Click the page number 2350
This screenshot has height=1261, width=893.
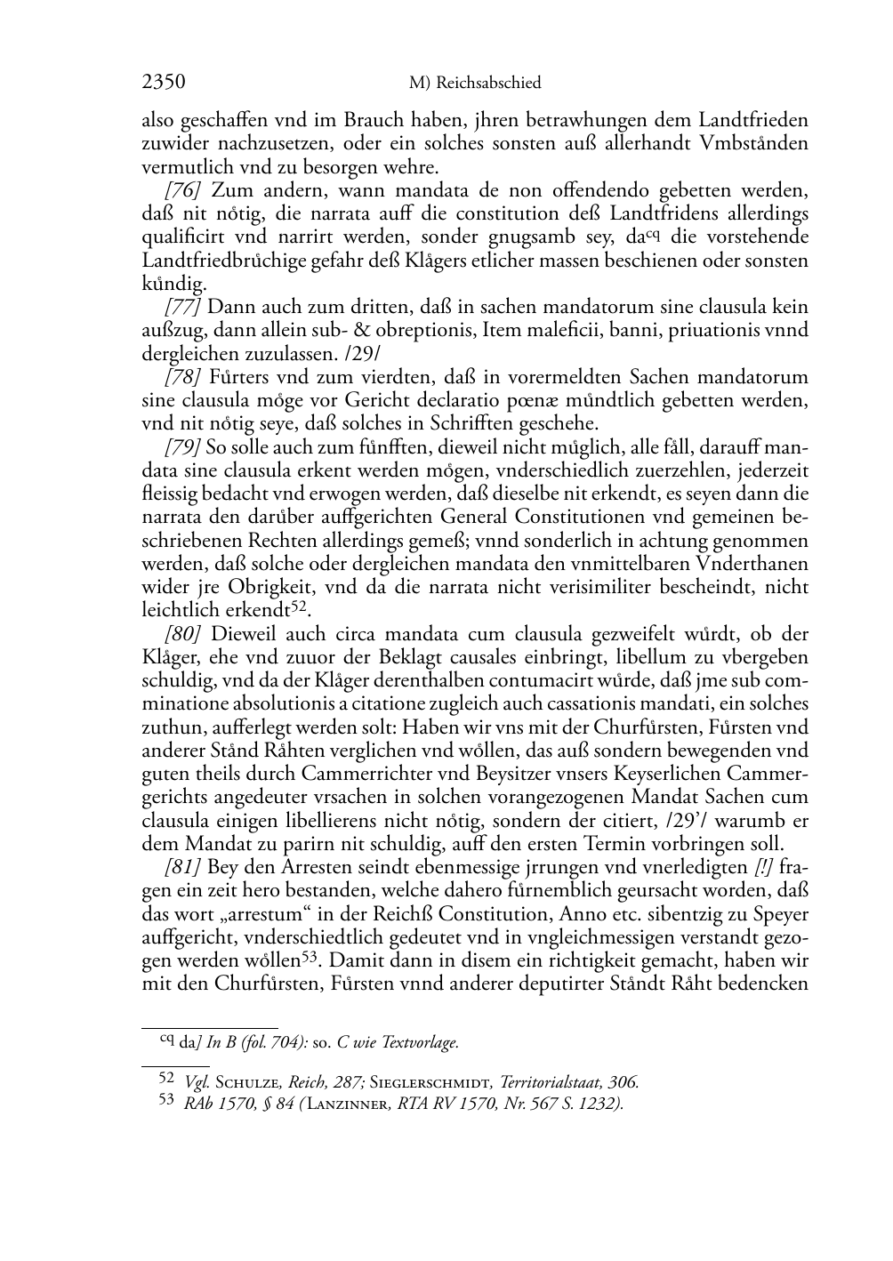pos(164,83)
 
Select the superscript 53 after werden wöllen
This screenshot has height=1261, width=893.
pos(309,957)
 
